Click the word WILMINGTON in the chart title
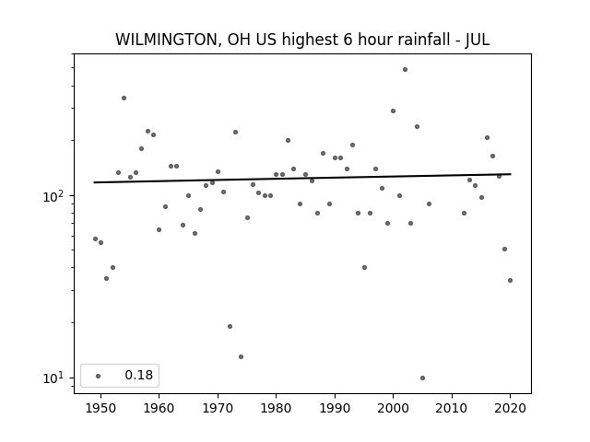point(166,40)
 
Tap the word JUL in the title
point(478,40)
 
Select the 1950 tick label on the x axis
point(100,408)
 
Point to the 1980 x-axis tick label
point(276,408)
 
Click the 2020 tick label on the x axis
point(510,408)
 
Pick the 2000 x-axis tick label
point(394,408)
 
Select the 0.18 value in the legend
point(139,375)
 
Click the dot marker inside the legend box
point(99,376)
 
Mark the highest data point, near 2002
point(405,70)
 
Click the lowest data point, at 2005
point(422,378)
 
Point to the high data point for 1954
point(124,99)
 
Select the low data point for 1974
point(241,356)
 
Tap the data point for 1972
point(230,326)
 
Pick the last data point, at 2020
point(510,280)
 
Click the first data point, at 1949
point(95,238)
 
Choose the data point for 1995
point(364,267)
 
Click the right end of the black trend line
point(511,174)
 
